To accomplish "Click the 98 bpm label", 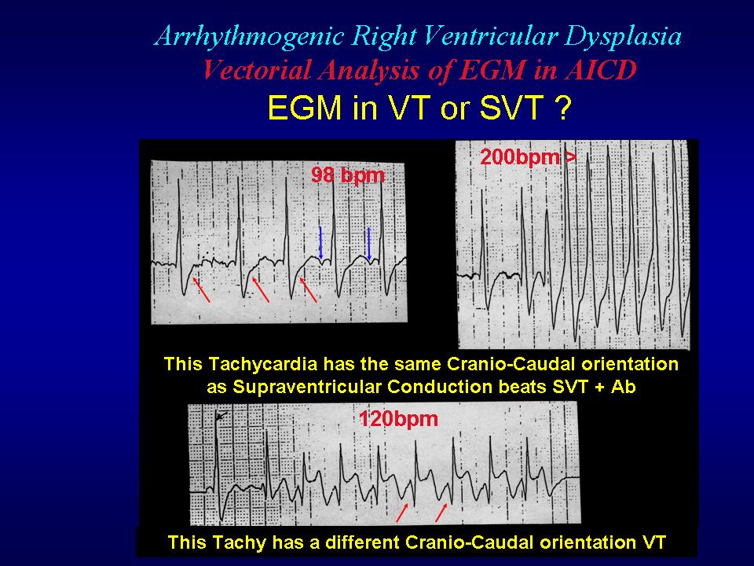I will (x=348, y=175).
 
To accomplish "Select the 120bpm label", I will (x=399, y=418).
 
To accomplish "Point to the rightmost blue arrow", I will (x=369, y=243).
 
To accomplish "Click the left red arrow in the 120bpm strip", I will (x=402, y=512).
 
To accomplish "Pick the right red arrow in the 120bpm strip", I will (x=441, y=512).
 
